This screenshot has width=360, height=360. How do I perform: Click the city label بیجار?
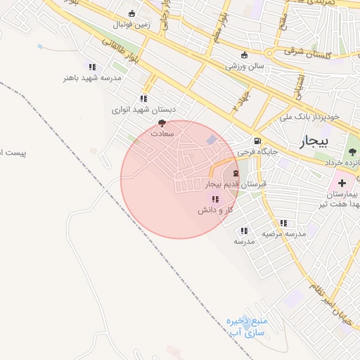[314, 142]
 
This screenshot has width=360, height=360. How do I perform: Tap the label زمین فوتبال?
[131, 25]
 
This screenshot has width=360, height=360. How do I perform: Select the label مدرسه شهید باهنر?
[92, 78]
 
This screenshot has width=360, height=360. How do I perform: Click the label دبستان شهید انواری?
[143, 110]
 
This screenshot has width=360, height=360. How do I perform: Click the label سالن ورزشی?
[244, 67]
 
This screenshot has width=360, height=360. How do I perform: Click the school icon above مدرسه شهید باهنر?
[92, 67]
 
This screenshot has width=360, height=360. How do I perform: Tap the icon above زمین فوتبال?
[131, 13]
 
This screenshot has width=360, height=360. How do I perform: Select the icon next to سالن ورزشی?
[244, 56]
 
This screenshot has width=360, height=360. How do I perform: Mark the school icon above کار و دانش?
[214, 200]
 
